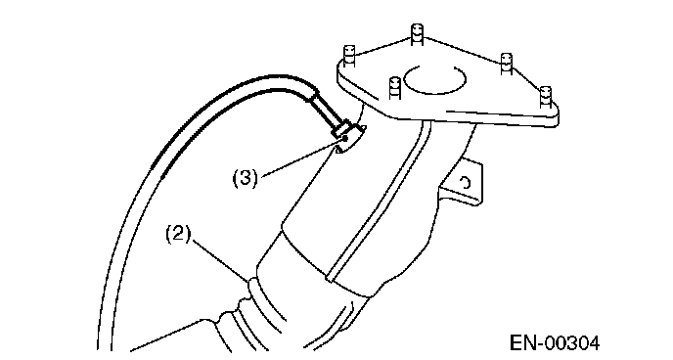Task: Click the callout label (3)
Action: tap(246, 178)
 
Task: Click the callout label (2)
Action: tap(178, 234)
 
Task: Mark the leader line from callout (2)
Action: tap(220, 260)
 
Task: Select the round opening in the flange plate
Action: tap(434, 80)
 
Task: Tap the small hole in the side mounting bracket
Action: tap(466, 183)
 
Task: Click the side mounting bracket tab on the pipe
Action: tap(463, 182)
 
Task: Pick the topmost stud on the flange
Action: tap(417, 34)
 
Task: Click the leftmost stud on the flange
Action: tap(349, 56)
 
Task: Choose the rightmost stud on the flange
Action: tap(545, 97)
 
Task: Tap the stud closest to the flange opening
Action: tap(394, 87)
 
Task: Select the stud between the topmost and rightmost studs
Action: tap(507, 64)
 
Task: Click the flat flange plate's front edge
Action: tap(446, 116)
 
